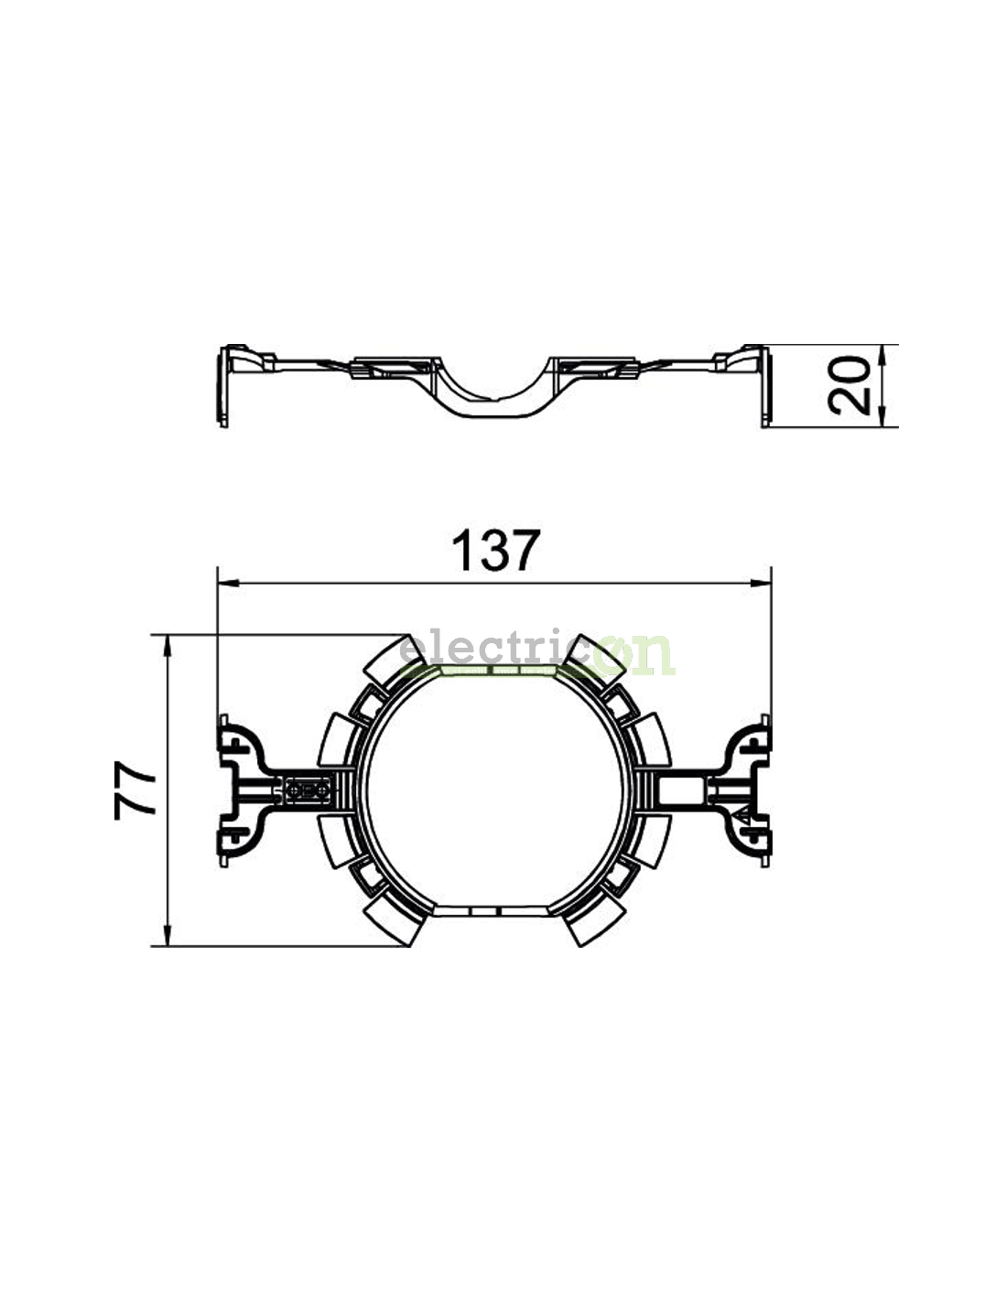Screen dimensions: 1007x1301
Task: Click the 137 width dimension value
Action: [495, 550]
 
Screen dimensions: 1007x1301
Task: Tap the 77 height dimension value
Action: [135, 790]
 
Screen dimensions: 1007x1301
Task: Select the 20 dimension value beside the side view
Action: [849, 385]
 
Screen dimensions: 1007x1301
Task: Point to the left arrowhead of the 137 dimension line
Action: [229, 582]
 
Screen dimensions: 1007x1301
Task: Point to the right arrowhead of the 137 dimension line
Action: [760, 582]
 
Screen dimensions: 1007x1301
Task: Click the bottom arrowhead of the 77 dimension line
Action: [168, 935]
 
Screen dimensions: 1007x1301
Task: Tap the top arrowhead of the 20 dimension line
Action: [882, 356]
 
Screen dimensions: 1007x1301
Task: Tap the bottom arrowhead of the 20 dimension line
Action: [882, 416]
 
